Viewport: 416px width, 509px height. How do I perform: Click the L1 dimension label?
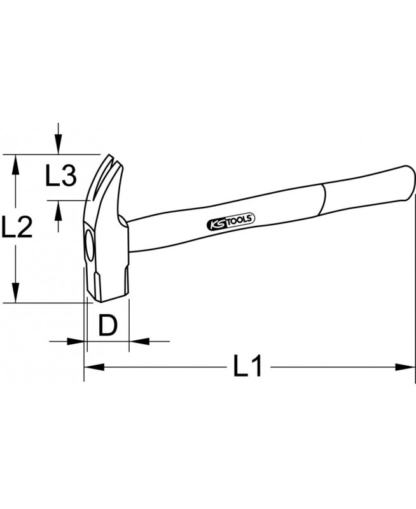coord(247,366)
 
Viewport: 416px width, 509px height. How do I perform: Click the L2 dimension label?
coord(17,227)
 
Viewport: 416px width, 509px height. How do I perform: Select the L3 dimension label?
coord(60,176)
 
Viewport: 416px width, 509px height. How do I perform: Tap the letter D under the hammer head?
coord(107,325)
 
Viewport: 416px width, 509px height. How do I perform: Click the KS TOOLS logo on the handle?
coord(231,221)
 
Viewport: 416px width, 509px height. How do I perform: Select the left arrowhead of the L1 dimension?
coord(94,367)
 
